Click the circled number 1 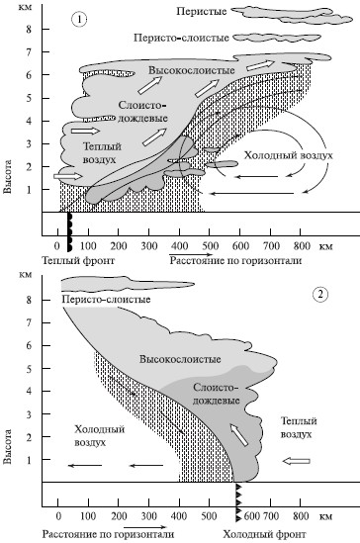tap(79, 19)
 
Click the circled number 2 tap(320, 295)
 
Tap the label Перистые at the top tap(202, 12)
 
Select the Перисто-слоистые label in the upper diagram tap(181, 38)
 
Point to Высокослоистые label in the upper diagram tap(192, 70)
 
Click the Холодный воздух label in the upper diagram tap(288, 155)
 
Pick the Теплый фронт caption tap(78, 260)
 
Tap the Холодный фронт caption tap(264, 534)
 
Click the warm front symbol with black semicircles tap(69, 231)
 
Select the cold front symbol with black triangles tap(237, 501)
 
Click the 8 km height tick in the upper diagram tap(29, 30)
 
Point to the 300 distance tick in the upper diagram tap(148, 246)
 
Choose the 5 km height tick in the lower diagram tap(29, 369)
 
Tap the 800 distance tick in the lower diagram tap(301, 516)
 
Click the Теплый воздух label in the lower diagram tap(299, 427)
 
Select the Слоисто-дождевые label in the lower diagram tap(216, 394)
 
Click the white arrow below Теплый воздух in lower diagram tap(297, 461)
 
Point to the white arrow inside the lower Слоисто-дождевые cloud tap(239, 435)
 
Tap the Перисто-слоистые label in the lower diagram tap(106, 299)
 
